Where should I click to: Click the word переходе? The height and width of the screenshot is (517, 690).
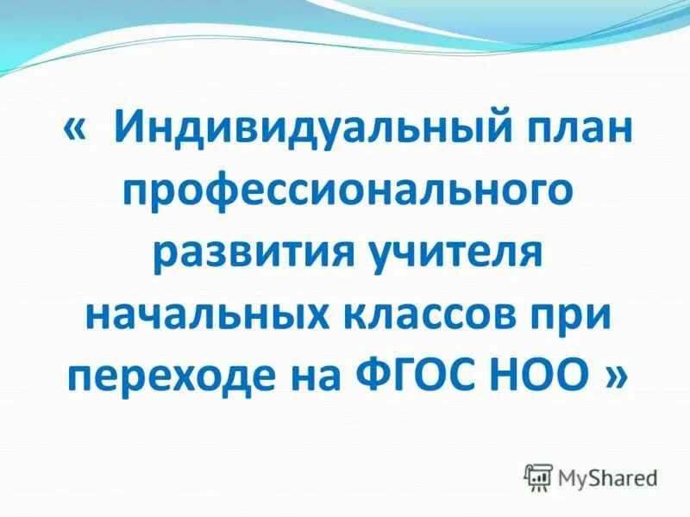click(x=174, y=376)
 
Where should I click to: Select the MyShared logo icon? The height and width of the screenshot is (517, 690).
click(x=538, y=477)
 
